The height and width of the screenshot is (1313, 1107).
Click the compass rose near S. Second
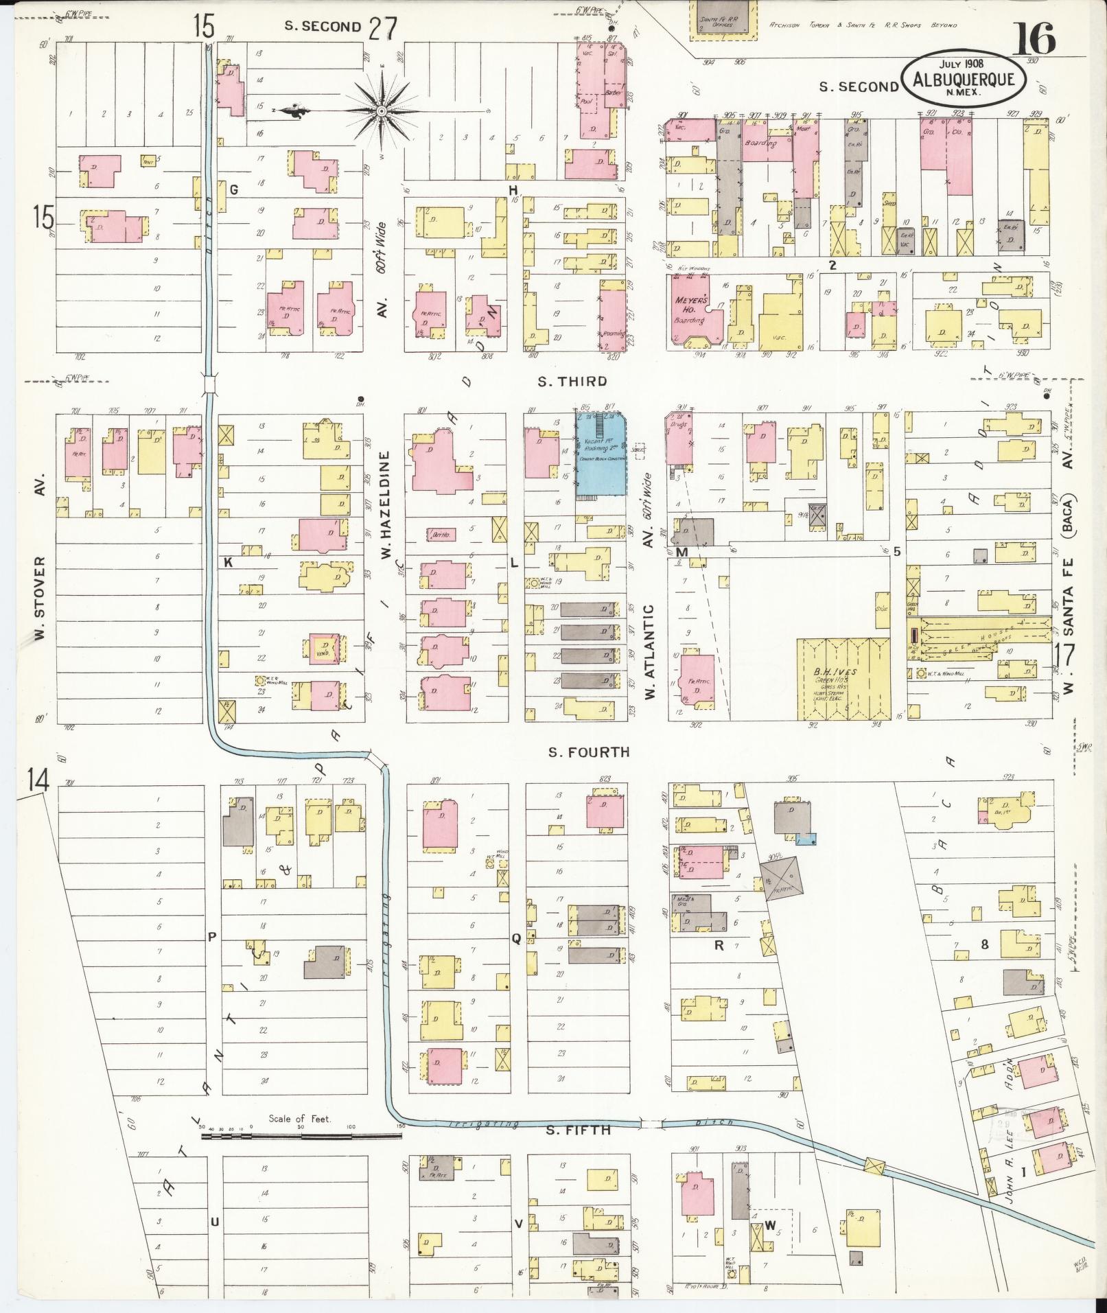(382, 111)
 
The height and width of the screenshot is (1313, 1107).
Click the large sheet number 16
(1032, 39)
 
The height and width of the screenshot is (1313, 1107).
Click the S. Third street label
(572, 382)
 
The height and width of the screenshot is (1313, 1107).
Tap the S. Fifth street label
(578, 1128)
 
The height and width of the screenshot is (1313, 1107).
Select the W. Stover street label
(40, 597)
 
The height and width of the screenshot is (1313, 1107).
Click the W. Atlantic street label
(650, 652)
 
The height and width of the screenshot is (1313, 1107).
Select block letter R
(719, 945)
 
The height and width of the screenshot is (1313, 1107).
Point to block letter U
(214, 1221)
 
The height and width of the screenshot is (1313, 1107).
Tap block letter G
(233, 190)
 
